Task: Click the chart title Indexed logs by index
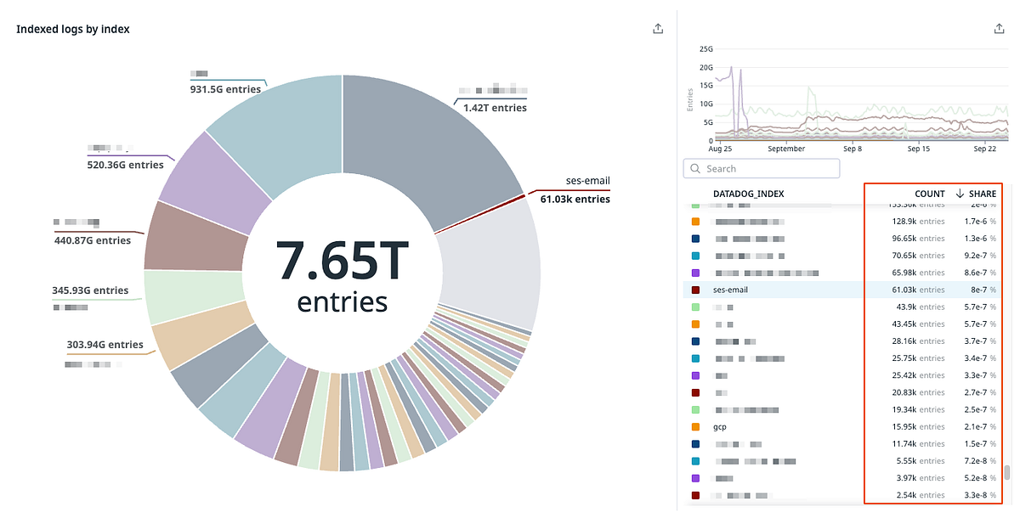point(73,30)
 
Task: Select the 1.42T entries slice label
point(495,108)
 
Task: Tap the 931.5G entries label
point(225,88)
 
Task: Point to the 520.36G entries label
point(125,165)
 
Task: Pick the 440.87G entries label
point(93,240)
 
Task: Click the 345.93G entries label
point(90,290)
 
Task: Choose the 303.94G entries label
point(105,345)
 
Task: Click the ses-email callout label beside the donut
point(587,181)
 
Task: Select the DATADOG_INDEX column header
point(748,194)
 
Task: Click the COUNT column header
point(930,194)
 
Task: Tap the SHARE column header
point(982,194)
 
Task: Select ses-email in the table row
point(730,290)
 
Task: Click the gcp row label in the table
point(719,426)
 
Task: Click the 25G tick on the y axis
point(705,49)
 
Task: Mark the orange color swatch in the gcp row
point(695,426)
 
